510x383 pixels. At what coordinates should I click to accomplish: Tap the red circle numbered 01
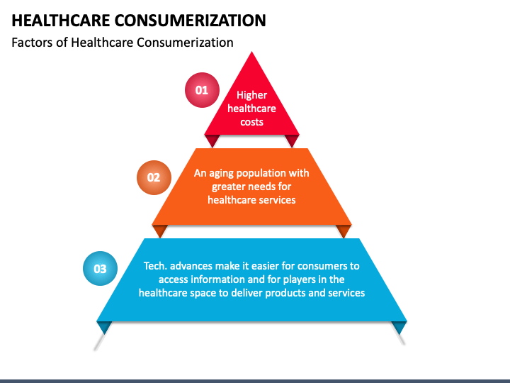(x=202, y=90)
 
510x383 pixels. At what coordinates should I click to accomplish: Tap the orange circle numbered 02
(x=154, y=177)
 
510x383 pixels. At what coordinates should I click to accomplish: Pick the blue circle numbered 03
(x=100, y=269)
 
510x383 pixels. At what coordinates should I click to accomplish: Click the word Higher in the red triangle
(x=251, y=95)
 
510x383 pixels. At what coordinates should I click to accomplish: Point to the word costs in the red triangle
(x=251, y=122)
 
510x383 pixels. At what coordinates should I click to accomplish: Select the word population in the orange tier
(x=267, y=173)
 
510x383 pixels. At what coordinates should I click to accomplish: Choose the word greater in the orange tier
(x=229, y=187)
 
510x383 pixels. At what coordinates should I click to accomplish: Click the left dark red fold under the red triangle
(x=212, y=140)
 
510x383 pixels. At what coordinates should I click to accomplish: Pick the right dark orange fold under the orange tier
(x=344, y=231)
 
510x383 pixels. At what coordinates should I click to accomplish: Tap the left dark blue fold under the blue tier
(x=105, y=327)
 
